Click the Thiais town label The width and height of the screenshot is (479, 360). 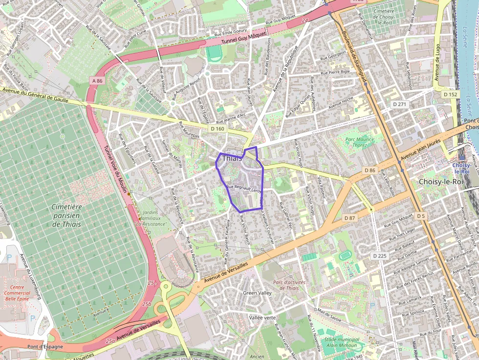232,158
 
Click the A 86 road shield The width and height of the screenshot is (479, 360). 97,81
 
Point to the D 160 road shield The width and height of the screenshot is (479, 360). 218,128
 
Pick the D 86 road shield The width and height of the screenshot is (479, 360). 370,170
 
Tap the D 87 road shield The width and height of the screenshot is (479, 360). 350,217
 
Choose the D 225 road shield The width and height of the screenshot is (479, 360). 379,255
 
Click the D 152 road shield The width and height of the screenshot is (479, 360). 451,94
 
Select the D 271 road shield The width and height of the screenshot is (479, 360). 399,104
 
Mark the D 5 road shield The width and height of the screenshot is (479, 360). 421,215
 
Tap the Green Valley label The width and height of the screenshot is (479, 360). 257,293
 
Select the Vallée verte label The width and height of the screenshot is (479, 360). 262,318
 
